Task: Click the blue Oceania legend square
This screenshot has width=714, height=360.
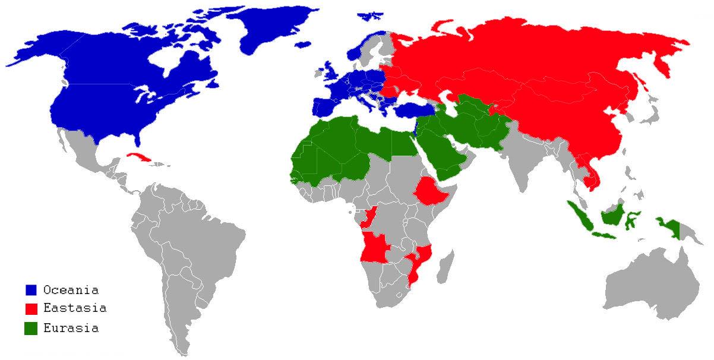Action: [31, 290]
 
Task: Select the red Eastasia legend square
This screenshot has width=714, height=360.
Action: [31, 309]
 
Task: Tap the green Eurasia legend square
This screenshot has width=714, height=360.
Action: [31, 328]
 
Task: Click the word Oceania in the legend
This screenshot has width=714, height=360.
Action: [71, 290]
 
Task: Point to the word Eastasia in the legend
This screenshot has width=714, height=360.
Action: [75, 309]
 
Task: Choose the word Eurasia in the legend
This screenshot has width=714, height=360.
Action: [71, 328]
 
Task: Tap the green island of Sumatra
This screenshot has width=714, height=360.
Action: [582, 216]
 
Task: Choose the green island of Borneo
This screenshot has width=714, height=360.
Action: [612, 214]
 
